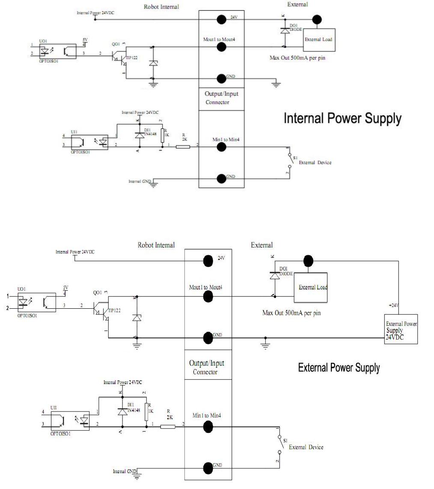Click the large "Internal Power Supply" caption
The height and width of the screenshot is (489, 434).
coord(342,119)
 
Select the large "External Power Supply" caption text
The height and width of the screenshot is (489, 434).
coord(339,367)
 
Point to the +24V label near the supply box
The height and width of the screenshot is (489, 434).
coord(394,305)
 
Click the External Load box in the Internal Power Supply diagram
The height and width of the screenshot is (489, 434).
coord(318,39)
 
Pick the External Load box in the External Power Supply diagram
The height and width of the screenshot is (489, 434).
coord(312,288)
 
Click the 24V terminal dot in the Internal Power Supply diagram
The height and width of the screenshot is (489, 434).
coord(221,19)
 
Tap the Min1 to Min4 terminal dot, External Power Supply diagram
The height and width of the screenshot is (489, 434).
coord(208,426)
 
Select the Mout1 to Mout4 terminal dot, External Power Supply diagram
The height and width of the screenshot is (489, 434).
coord(208,296)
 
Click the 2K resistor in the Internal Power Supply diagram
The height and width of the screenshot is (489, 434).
coord(183,147)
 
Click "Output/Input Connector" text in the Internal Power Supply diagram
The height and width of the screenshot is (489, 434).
coord(221,98)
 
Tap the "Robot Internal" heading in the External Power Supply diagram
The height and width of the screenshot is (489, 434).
coord(156,245)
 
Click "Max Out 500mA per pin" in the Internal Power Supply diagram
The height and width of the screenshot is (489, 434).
coord(297,58)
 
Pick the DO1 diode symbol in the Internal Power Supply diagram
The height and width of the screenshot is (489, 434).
coord(283,31)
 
